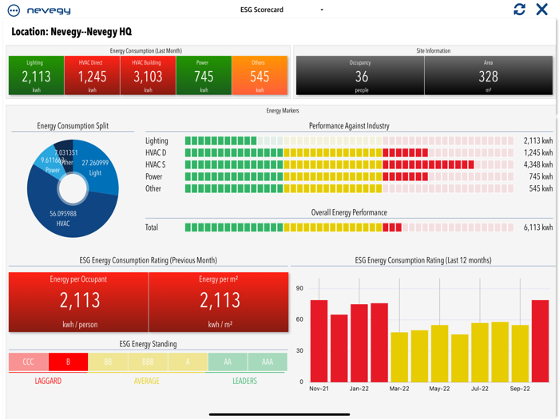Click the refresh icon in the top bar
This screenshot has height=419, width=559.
pos(520,10)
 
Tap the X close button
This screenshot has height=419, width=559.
pos(542,10)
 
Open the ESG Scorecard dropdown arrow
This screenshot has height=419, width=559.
pos(322,10)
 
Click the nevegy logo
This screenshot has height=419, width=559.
pos(39,10)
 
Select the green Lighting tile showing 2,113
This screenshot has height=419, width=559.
pos(35,76)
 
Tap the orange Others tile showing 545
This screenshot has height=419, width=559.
pos(259,76)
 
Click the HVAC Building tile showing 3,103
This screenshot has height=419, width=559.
pos(148,76)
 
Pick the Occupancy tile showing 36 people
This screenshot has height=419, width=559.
pos(360,76)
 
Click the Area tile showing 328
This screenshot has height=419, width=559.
pos(488,76)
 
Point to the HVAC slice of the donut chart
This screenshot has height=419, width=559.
pos(64,217)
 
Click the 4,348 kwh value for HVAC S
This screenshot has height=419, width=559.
pos(537,165)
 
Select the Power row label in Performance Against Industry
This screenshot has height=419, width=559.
pos(154,177)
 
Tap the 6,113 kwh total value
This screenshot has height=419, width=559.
pos(537,227)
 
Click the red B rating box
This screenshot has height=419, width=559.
pos(68,362)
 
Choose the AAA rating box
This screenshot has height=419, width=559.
pos(268,362)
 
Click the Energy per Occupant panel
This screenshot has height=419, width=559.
pos(78,302)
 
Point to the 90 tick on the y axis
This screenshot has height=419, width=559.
pos(299,289)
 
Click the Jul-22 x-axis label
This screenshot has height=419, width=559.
pos(480,389)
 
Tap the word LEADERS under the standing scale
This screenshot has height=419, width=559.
pos(244,381)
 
